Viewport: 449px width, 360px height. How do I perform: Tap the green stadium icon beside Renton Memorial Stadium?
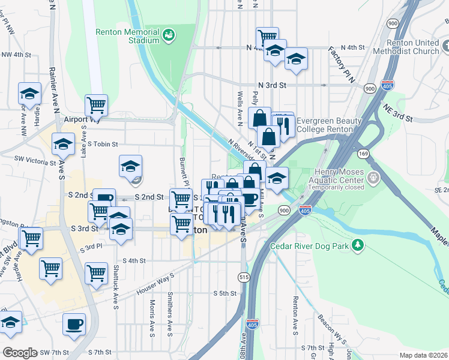[x=169, y=35]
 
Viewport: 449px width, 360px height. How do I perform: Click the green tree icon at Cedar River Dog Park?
[x=358, y=245]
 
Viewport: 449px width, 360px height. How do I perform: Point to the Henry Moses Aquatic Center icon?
[x=374, y=177]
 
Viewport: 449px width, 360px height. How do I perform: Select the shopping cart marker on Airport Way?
[x=96, y=106]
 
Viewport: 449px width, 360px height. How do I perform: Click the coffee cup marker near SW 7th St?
[x=74, y=324]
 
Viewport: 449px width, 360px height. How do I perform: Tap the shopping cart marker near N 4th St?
[x=267, y=37]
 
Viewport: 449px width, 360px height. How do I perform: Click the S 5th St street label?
[x=225, y=293]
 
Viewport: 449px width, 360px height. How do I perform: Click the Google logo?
[x=20, y=353]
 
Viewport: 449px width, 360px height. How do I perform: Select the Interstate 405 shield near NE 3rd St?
[x=388, y=86]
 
